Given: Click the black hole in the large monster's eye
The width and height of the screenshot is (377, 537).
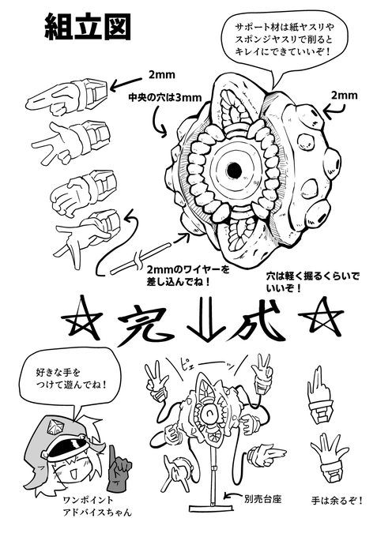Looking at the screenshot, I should (x=234, y=169).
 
